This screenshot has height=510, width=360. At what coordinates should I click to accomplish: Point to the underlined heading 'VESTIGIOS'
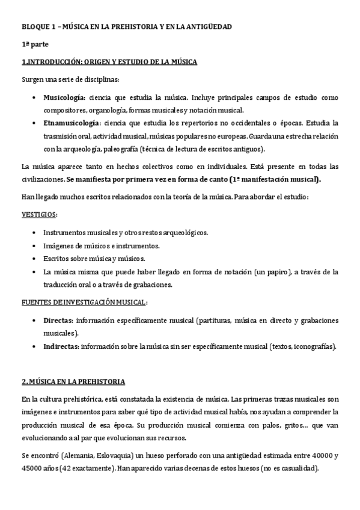(x=40, y=215)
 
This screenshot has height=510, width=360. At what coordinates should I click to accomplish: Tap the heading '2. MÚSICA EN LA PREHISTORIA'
(x=73, y=381)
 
